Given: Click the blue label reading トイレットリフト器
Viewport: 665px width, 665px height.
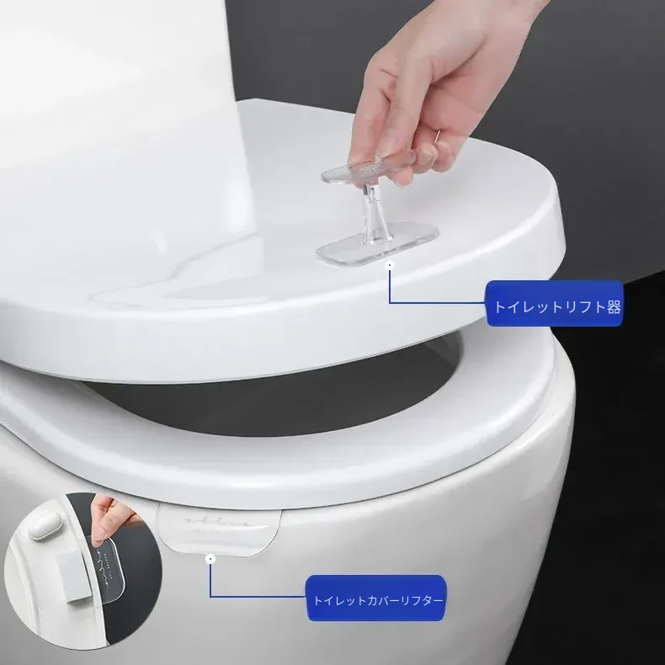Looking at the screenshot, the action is (555, 304).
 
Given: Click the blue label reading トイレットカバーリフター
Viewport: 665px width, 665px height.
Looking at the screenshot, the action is (375, 598).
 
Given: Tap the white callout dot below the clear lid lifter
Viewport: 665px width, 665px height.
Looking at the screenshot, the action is (390, 264).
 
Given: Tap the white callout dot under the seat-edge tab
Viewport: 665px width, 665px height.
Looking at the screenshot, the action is (210, 559).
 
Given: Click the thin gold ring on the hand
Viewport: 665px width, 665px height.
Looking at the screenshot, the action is (437, 135).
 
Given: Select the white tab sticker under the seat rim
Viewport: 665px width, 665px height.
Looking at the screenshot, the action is (219, 531).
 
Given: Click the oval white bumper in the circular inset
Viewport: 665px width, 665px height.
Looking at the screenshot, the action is (45, 525).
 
